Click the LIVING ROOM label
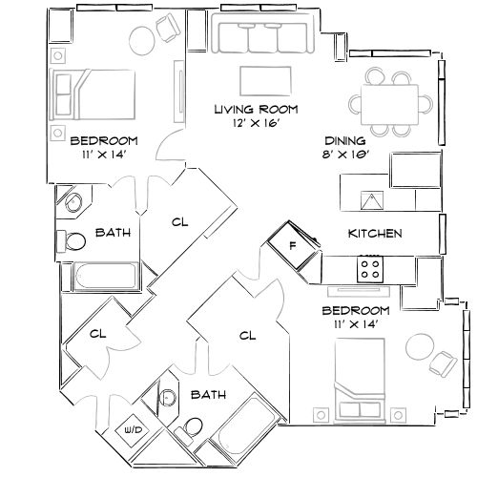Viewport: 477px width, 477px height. tap(253, 110)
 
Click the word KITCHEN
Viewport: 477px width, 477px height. tap(374, 234)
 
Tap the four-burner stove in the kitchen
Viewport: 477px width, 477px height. tap(370, 270)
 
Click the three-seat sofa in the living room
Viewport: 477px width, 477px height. tap(261, 38)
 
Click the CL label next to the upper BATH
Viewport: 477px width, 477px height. tap(179, 223)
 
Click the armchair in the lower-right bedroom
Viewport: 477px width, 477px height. tap(442, 363)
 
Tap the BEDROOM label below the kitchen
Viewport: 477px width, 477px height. tap(355, 312)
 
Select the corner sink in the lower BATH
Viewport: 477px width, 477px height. tap(169, 399)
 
